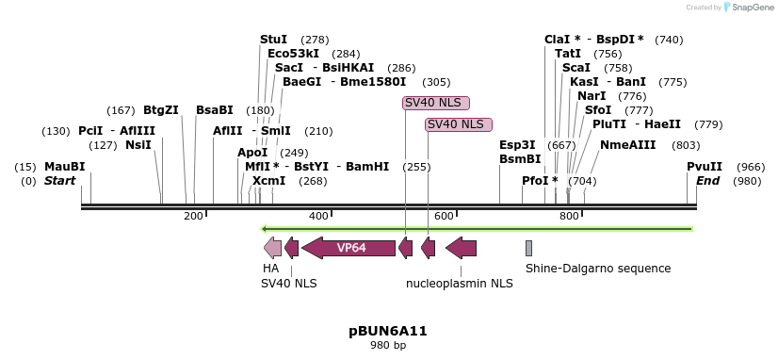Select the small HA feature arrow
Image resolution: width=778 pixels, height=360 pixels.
(x=272, y=248)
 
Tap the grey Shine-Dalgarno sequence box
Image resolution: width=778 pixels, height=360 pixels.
(x=529, y=248)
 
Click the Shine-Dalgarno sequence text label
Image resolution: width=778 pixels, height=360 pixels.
(x=598, y=269)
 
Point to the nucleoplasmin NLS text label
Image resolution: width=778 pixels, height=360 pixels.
(x=460, y=283)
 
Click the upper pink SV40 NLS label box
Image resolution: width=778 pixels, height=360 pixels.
(x=435, y=102)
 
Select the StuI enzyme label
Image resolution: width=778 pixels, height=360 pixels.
(x=273, y=40)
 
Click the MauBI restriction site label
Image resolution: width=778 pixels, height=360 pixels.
(x=64, y=167)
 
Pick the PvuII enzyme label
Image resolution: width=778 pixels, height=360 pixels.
(x=705, y=167)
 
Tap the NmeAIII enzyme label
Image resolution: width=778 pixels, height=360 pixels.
(x=628, y=145)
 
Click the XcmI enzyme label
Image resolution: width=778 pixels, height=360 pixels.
(x=268, y=181)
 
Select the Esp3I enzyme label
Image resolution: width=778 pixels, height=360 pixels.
(x=517, y=145)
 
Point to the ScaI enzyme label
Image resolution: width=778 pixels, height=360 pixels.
(x=576, y=68)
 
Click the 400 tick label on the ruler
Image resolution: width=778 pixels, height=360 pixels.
(x=318, y=217)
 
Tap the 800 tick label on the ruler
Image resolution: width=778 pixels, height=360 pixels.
(x=569, y=217)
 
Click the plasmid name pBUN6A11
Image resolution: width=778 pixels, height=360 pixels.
(x=388, y=331)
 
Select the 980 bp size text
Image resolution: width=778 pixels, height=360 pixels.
(x=388, y=346)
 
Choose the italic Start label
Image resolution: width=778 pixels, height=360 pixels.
(x=59, y=181)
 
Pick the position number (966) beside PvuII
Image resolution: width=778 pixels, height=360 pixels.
(x=751, y=167)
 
